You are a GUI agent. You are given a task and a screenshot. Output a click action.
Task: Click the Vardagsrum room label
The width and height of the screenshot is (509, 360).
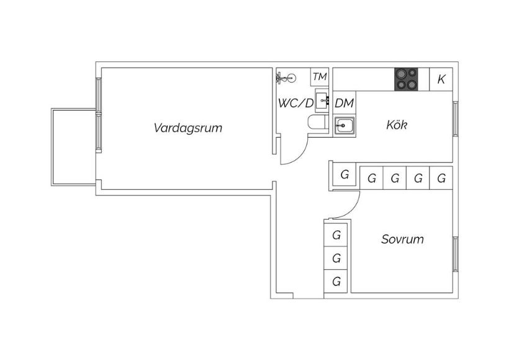pos(188,128)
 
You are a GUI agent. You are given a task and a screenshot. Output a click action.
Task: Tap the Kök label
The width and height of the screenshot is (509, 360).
pos(397,125)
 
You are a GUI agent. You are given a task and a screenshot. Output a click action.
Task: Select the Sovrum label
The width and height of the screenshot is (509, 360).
pos(402,239)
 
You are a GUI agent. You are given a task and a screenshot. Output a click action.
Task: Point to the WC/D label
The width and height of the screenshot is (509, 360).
pos(295,103)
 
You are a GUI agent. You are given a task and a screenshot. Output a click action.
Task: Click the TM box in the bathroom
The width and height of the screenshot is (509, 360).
pos(320,77)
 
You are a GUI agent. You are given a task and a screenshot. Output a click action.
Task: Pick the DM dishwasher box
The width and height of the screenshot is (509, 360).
pos(344,103)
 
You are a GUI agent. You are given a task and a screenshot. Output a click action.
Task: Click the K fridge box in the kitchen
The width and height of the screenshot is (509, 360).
pos(441,79)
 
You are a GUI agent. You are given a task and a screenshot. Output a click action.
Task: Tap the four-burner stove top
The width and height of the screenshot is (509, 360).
pos(406,79)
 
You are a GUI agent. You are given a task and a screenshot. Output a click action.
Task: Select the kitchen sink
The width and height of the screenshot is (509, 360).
pos(345,125)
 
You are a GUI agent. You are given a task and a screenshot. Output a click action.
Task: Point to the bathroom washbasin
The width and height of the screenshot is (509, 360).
pos(322,101)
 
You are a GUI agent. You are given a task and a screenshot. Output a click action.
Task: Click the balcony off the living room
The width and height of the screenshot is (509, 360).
pos(74,147)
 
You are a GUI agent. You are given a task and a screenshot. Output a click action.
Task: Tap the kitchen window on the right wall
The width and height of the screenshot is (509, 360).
pos(456,119)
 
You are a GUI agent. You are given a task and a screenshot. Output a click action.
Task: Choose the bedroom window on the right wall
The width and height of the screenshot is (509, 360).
pos(456,254)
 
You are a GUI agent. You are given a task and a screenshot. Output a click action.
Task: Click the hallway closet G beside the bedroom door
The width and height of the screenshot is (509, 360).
pos(345,175)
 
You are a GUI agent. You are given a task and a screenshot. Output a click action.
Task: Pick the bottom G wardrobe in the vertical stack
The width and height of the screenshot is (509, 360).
pos(336,281)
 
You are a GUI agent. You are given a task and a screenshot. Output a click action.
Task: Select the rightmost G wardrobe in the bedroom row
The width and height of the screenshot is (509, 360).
pos(441,178)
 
